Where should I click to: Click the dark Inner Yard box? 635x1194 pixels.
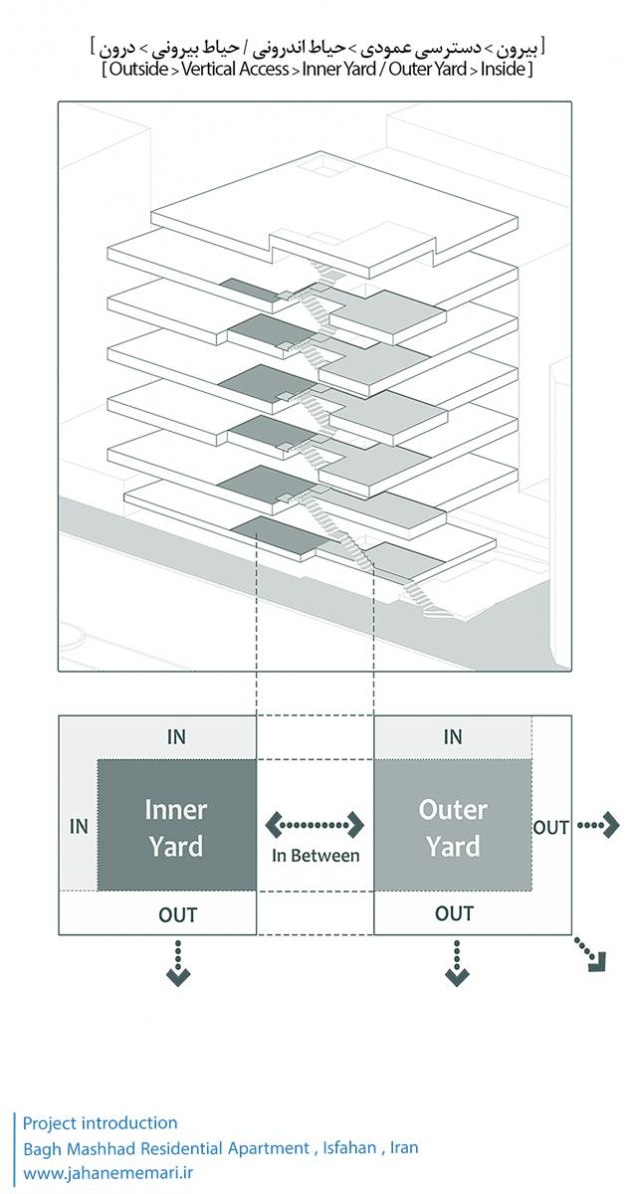point(176,826)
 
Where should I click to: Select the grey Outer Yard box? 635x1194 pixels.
point(453,826)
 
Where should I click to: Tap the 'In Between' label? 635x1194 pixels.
point(316,855)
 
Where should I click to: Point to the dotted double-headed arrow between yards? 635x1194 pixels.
point(316,825)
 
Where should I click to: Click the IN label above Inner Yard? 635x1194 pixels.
point(176,737)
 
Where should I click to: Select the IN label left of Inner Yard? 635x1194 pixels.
point(79,826)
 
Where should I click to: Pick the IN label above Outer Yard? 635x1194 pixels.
point(453,737)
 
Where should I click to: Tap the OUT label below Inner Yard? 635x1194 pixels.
point(178,913)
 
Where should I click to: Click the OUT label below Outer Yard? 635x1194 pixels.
point(454,913)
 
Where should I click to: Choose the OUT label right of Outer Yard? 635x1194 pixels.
point(551,827)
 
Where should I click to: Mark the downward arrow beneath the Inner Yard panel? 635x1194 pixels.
point(177,967)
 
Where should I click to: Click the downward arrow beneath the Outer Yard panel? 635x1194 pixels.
point(456,967)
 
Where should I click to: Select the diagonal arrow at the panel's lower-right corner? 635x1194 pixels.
point(594,957)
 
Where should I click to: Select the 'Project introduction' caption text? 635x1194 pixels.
point(101,1123)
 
